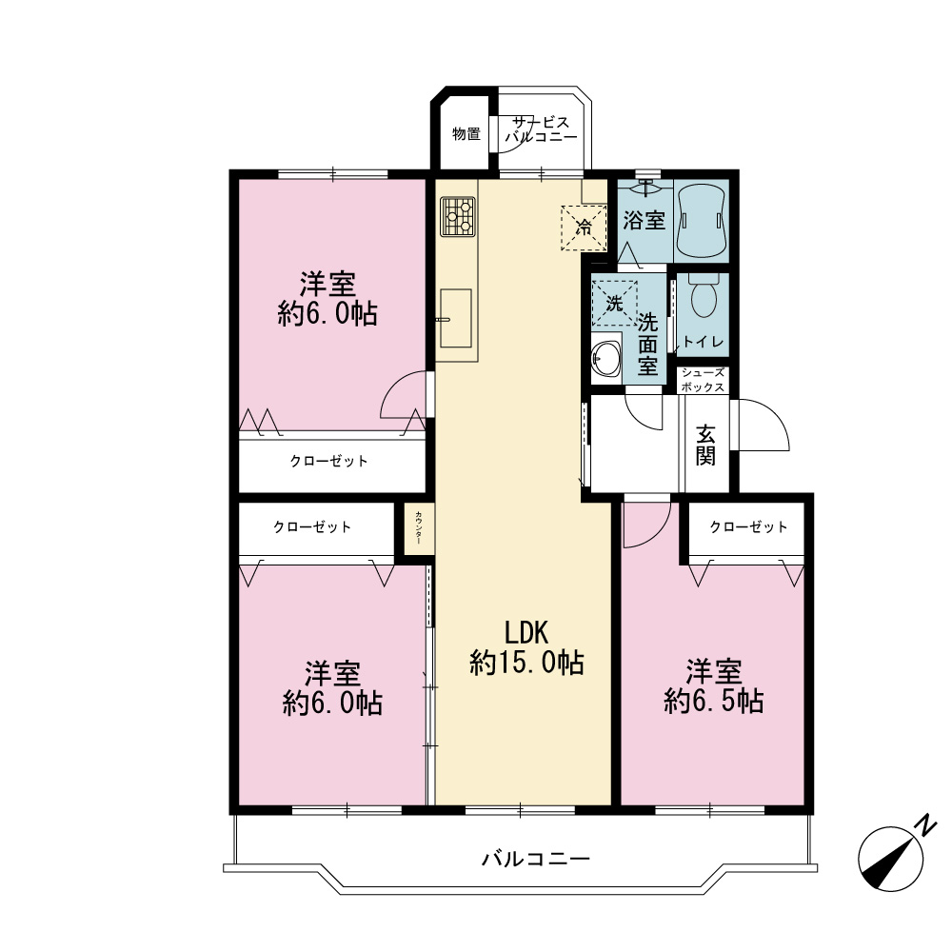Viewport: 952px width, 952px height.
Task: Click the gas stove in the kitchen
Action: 459,216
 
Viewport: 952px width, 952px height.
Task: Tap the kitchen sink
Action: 455,318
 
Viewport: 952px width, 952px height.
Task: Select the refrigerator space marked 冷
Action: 584,228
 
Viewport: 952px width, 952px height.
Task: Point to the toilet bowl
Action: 704,296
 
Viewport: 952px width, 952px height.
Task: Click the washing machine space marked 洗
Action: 614,303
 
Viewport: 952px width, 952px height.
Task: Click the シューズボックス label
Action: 704,380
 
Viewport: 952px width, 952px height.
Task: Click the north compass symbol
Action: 890,860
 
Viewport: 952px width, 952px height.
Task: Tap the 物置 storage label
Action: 466,133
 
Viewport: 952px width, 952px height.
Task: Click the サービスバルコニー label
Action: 541,129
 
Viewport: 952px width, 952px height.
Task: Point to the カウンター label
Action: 419,527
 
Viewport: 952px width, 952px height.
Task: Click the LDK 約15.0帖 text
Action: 527,647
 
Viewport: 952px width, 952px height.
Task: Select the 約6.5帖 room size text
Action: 713,702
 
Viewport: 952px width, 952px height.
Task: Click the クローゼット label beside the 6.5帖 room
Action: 748,526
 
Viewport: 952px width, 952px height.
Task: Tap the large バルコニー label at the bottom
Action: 535,859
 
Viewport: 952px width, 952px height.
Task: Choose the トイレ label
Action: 704,342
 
